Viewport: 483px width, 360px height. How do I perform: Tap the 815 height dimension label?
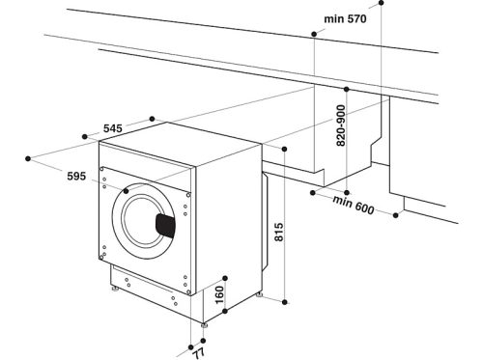click(278, 234)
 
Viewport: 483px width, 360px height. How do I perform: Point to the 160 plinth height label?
click(219, 292)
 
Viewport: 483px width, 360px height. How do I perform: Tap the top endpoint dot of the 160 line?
click(226, 274)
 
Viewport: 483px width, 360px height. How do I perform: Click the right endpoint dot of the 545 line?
click(155, 119)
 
